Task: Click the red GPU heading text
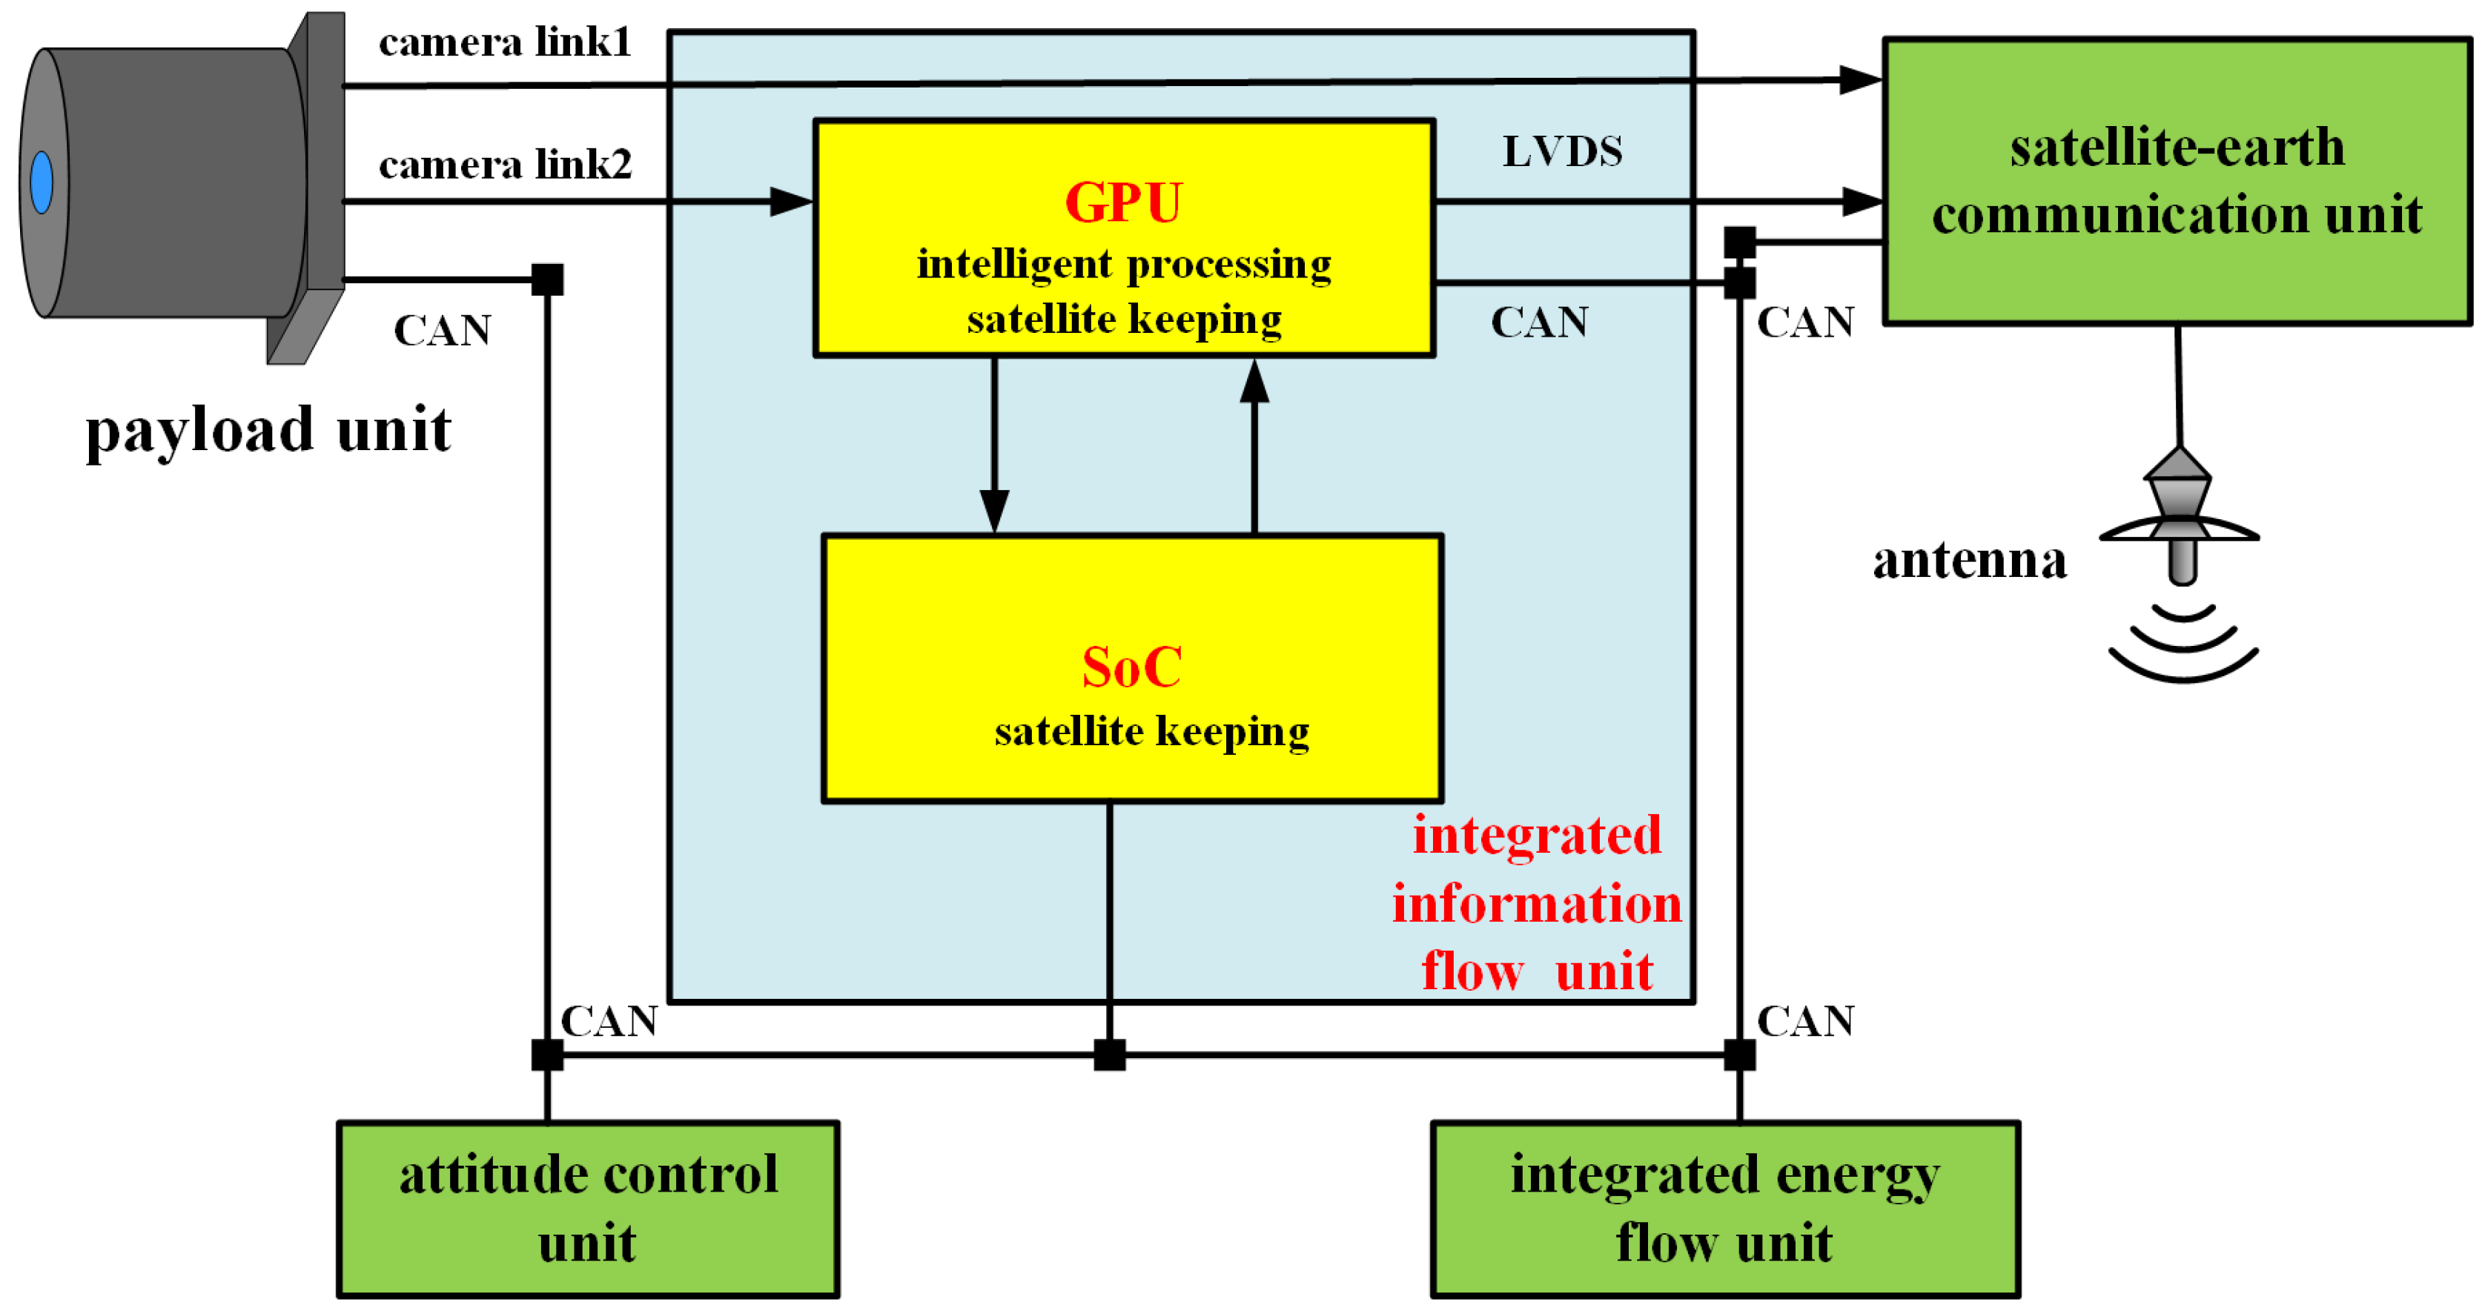click(1123, 202)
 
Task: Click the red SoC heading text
click(1131, 667)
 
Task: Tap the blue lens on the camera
click(42, 182)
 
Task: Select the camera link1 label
click(505, 42)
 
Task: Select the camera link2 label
click(505, 165)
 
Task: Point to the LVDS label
click(1562, 151)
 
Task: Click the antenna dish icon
click(2180, 516)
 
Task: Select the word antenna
click(1969, 560)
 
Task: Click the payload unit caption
click(268, 429)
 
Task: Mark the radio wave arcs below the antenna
click(2183, 644)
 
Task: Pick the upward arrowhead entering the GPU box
click(1254, 382)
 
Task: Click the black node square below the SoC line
click(1109, 1054)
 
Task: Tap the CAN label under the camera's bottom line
click(443, 331)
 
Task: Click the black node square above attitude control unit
click(547, 1054)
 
